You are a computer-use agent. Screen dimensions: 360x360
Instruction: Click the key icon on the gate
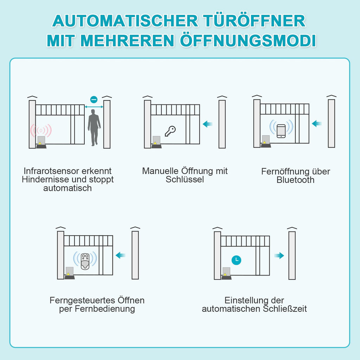tap(170, 131)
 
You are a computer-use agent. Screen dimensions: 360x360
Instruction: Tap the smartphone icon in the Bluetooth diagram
tap(281, 131)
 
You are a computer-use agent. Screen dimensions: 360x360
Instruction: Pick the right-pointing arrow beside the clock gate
tap(279, 256)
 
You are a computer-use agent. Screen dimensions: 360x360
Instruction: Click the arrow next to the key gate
tap(208, 124)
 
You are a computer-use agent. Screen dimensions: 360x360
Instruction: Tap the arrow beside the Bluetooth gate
tap(317, 123)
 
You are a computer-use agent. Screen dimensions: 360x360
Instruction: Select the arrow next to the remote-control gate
tap(121, 255)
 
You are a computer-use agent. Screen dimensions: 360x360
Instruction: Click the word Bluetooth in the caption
tap(295, 180)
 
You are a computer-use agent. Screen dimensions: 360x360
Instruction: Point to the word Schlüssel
tap(185, 180)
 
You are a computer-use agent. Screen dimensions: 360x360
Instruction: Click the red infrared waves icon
tap(41, 130)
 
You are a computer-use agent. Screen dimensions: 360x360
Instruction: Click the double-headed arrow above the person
tap(94, 107)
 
